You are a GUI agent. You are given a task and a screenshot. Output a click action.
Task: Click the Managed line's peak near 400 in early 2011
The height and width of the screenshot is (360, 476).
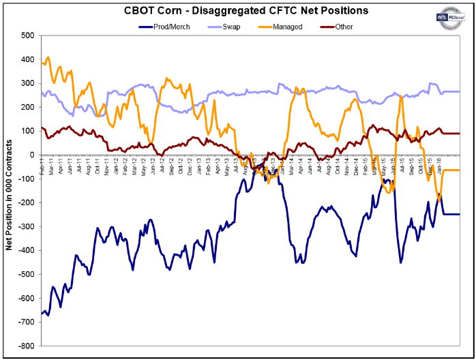(47, 57)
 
